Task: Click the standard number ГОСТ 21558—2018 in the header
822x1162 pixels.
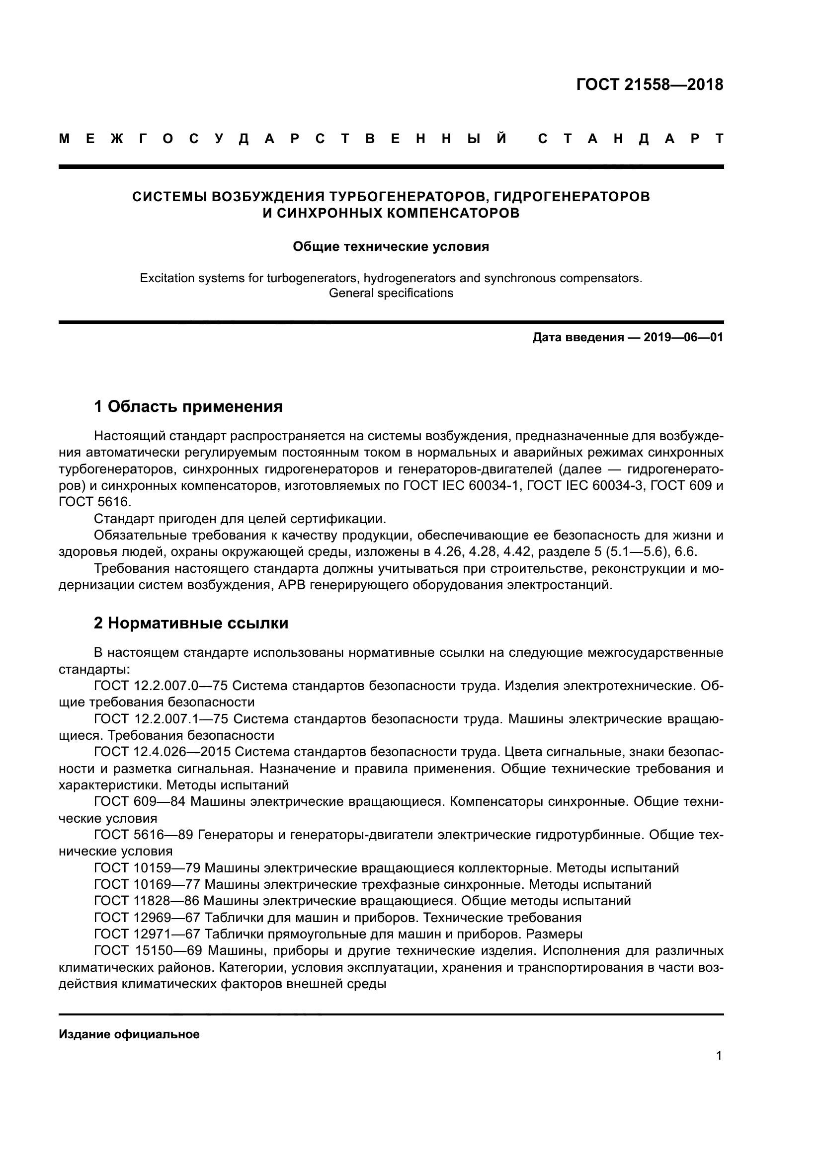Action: (x=650, y=84)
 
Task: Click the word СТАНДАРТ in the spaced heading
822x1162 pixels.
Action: (x=630, y=139)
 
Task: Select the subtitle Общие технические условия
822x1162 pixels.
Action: (x=391, y=246)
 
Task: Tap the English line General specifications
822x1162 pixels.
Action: (x=391, y=293)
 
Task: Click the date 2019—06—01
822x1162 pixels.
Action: (x=683, y=337)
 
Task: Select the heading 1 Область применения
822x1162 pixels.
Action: (x=188, y=406)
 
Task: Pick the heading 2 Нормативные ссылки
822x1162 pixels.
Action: (x=191, y=623)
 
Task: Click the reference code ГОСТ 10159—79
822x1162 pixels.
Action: (x=147, y=868)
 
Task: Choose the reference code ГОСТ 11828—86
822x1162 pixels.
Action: (x=147, y=901)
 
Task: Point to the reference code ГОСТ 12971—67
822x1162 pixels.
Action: (x=147, y=934)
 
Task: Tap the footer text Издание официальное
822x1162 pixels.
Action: (x=129, y=1034)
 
